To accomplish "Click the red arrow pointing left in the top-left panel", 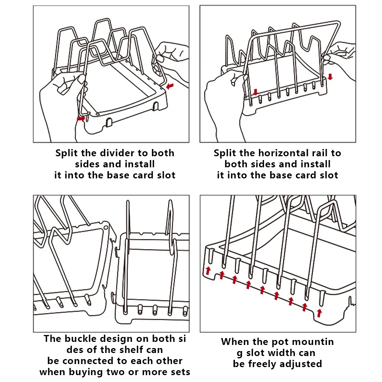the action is (x=170, y=86).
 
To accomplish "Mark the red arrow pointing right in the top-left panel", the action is (x=81, y=119).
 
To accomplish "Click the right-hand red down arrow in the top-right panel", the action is (x=330, y=77).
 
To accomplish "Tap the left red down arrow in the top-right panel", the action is (x=255, y=92).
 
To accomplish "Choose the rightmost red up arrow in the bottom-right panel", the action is (x=319, y=313).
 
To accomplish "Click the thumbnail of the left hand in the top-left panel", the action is (x=82, y=79).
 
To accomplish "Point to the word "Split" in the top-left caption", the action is (x=67, y=154).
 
